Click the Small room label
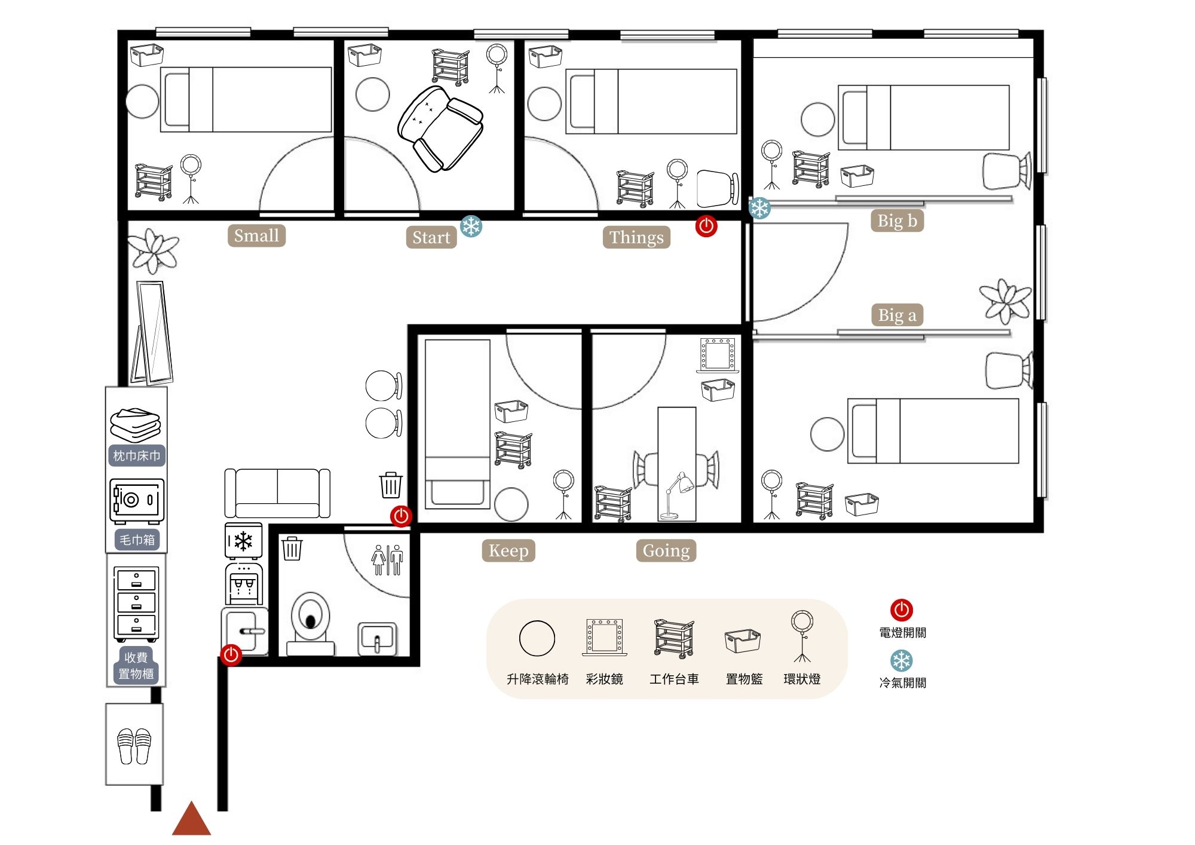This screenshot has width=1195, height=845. (256, 235)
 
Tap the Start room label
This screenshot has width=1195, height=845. (431, 237)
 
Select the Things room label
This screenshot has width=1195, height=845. (636, 237)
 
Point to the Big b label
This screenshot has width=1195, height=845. (897, 221)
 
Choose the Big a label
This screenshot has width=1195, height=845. (897, 315)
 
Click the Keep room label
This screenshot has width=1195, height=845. (508, 550)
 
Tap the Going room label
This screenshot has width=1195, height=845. (666, 550)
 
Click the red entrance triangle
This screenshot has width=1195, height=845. (191, 819)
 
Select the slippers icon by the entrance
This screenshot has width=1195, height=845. (134, 746)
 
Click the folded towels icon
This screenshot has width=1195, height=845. (136, 424)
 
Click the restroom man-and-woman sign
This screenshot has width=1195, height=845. (387, 560)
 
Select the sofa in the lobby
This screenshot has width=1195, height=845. (277, 493)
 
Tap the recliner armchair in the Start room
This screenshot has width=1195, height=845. (440, 128)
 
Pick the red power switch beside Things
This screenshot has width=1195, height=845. (706, 226)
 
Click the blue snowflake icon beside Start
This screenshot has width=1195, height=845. (471, 226)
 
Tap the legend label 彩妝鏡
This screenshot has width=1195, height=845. (605, 679)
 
